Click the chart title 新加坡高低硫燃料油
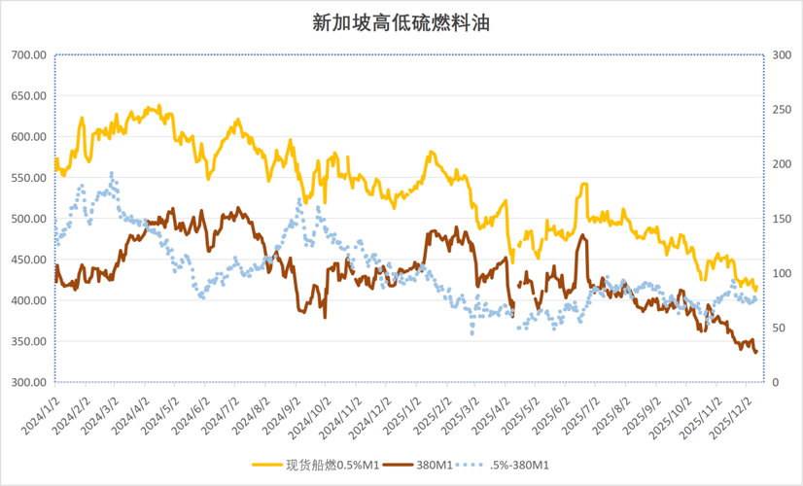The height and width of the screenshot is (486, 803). coord(401,23)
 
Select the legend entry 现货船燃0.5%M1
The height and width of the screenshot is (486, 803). coord(315,465)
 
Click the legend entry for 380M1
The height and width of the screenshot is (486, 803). coord(419,465)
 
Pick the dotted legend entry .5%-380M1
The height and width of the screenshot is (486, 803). coord(503,465)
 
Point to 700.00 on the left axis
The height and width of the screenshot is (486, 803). coord(29,54)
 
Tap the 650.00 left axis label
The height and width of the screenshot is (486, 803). coord(29,96)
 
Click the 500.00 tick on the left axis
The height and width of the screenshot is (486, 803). coord(29,219)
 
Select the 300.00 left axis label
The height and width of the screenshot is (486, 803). coord(29,383)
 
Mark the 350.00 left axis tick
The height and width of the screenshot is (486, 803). coord(29,341)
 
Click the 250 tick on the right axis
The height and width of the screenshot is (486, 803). coord(782,110)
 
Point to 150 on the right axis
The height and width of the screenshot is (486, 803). coord(782,219)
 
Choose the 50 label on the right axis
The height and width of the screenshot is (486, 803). coord(779,328)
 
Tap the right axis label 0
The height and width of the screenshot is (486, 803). coord(776,383)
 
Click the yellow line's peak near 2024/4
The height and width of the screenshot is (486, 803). coord(159,106)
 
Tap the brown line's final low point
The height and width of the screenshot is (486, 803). coord(755,352)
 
